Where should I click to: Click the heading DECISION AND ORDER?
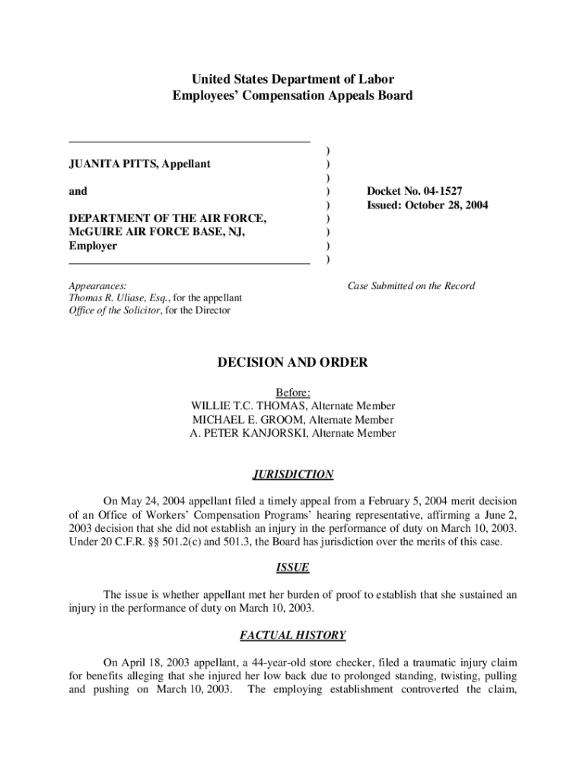point(292,363)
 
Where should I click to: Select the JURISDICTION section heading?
point(292,475)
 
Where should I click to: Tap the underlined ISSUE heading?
point(292,568)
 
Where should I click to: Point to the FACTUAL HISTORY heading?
point(292,635)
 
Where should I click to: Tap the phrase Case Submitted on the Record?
point(411,286)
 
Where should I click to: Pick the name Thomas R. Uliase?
point(107,298)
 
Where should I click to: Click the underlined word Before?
point(292,393)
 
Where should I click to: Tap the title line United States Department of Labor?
point(292,79)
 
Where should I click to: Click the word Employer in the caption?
point(93,246)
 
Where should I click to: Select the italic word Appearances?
point(98,286)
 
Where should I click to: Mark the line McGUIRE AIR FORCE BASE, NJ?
point(157,233)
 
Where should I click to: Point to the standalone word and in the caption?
point(78,192)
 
